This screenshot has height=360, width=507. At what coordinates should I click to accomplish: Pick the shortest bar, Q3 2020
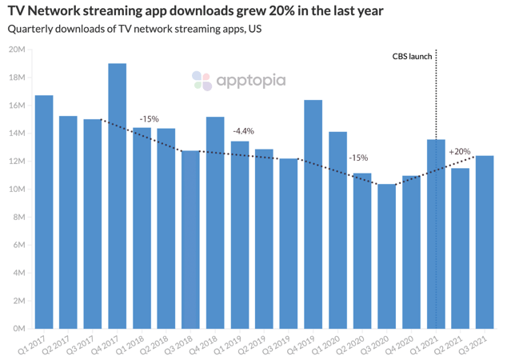click(x=387, y=256)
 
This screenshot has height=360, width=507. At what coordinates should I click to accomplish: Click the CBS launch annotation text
click(x=412, y=57)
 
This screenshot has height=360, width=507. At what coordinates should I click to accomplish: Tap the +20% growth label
click(x=459, y=151)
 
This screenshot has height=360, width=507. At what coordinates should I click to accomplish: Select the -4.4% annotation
click(x=243, y=130)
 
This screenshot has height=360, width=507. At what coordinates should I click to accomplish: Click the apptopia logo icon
click(x=202, y=80)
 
